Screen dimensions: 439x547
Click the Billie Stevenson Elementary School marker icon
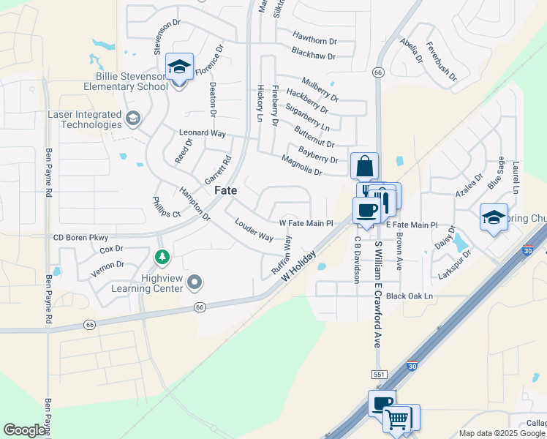(x=179, y=67)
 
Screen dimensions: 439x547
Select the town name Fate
(x=225, y=190)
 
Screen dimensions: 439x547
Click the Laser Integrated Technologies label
(x=84, y=120)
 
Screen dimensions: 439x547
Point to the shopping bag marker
(x=364, y=166)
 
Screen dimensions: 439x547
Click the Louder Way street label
(x=254, y=230)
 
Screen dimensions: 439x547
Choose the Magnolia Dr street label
(x=302, y=165)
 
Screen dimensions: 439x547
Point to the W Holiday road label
(x=299, y=269)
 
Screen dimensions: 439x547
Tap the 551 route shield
(x=378, y=375)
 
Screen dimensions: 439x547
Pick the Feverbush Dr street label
(x=441, y=63)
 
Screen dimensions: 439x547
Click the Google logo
(x=24, y=430)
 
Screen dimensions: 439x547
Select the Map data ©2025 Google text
(x=501, y=433)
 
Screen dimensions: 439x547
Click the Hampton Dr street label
(x=195, y=204)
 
